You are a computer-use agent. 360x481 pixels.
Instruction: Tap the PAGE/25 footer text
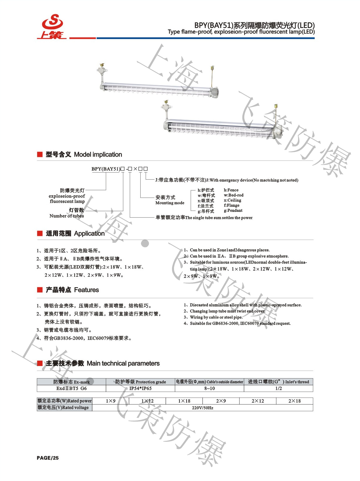[48, 458]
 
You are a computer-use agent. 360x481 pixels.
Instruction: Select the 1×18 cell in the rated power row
[184, 401]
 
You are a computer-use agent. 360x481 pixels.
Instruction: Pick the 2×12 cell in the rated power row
[258, 401]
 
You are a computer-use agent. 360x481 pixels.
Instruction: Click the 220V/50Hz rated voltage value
[202, 408]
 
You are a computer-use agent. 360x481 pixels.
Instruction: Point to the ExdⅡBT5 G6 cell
[71, 388]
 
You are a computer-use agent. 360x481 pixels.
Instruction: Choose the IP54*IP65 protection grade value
[140, 388]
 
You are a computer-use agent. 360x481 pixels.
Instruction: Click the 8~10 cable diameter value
[209, 388]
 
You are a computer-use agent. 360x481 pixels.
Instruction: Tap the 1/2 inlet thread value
[278, 388]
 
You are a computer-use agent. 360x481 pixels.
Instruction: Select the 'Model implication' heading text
[98, 154]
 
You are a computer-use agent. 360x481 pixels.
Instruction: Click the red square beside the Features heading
[40, 290]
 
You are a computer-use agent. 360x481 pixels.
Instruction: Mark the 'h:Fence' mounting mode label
[231, 190]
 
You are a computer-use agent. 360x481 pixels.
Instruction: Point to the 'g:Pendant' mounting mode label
[233, 210]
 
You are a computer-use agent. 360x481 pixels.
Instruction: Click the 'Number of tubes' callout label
[67, 216]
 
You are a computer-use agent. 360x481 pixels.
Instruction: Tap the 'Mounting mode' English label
[170, 203]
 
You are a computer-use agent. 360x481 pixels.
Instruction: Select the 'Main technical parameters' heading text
[123, 363]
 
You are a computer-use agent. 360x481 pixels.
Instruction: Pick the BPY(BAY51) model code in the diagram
[106, 169]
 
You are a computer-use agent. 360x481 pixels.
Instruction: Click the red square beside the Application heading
[40, 233]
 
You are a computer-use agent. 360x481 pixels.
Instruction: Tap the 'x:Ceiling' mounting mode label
[232, 200]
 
